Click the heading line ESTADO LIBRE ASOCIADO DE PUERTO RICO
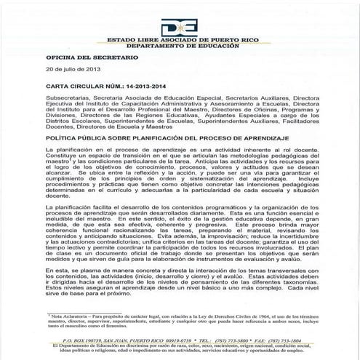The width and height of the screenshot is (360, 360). (x=180, y=33)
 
